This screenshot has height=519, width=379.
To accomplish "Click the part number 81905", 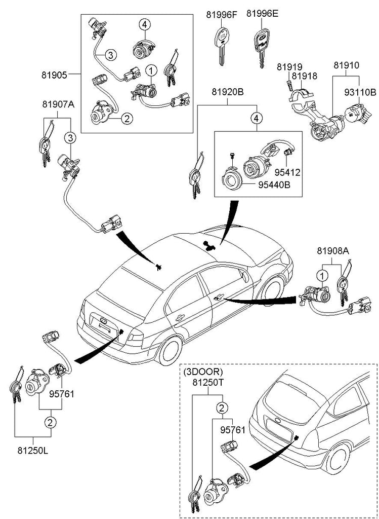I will click(x=54, y=75).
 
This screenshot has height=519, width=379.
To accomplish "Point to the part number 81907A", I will click(x=58, y=105).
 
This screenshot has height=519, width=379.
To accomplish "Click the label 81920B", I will click(x=227, y=92).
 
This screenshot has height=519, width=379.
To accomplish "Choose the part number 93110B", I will click(x=360, y=92).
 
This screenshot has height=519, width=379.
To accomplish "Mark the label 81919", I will click(x=289, y=66).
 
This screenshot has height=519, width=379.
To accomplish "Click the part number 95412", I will click(x=288, y=172).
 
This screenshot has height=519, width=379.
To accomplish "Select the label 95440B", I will click(x=274, y=185).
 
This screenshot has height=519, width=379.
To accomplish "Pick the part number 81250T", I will click(x=207, y=383).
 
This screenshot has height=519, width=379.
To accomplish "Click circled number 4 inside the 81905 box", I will click(x=144, y=24).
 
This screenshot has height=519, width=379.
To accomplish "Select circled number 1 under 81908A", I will click(x=320, y=275).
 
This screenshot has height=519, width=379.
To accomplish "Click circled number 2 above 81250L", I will click(x=50, y=422).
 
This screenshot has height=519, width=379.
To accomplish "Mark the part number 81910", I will click(x=346, y=66).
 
